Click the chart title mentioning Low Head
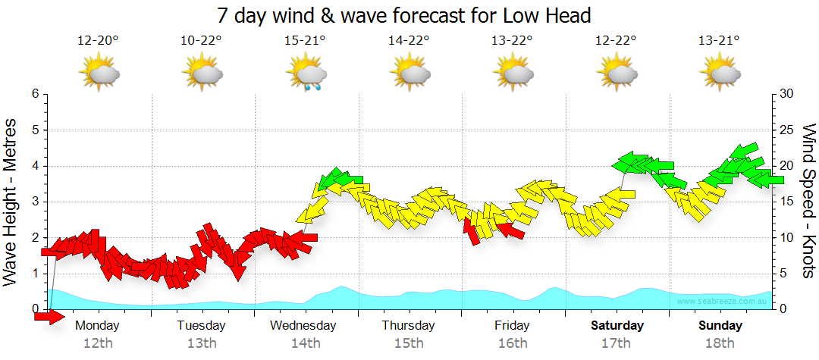point(403,15)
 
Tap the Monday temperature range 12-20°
point(98,41)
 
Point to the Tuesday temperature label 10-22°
point(202,41)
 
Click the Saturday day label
point(617,326)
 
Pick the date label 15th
point(409,343)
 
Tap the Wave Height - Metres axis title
point(11,201)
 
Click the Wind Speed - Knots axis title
point(808,201)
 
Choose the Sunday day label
point(720,326)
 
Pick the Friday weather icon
point(513,74)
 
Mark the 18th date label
point(720,343)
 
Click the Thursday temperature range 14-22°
point(409,41)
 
